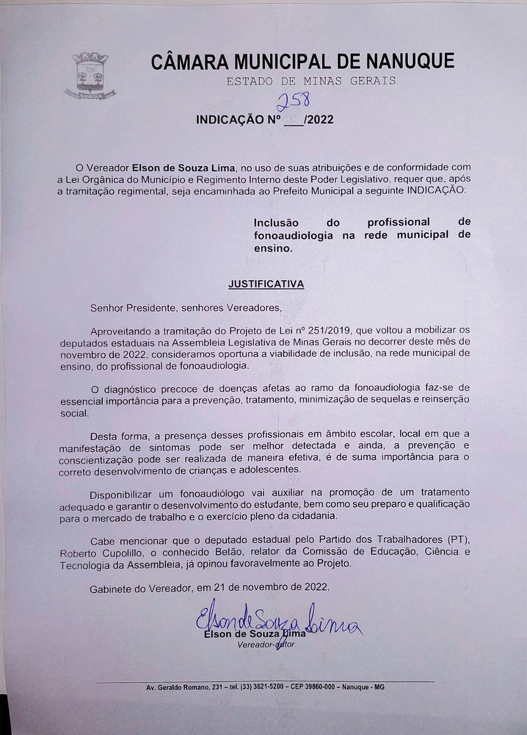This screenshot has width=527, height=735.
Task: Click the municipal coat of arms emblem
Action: click(x=90, y=76)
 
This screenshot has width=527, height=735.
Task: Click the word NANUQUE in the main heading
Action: click(x=410, y=61)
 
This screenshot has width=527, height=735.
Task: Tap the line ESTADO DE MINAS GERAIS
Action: click(x=311, y=81)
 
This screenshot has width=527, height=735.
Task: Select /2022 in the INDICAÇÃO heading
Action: click(x=319, y=120)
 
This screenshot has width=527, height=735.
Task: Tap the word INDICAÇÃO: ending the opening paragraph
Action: click(x=436, y=191)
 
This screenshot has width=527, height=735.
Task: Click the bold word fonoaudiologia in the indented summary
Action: click(x=293, y=235)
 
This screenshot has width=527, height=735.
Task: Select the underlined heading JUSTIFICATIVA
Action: click(x=266, y=284)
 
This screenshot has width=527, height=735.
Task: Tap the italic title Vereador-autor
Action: click(x=265, y=645)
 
